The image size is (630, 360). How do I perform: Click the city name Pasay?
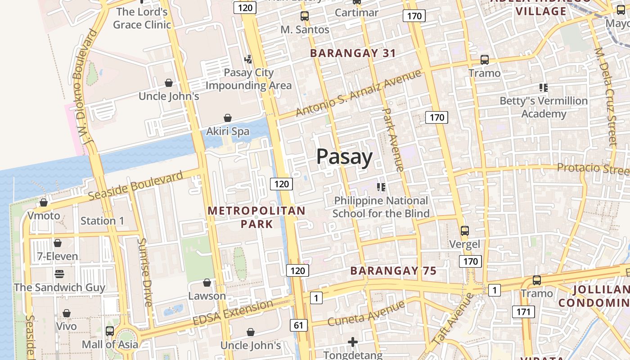click(344, 157)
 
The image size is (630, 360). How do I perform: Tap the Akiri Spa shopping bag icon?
click(228, 118)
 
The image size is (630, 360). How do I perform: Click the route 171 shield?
click(523, 311)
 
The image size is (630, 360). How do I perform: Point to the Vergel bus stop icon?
click(465, 231)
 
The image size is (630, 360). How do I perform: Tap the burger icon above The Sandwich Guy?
click(59, 274)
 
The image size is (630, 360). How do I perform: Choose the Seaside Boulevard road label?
click(135, 186)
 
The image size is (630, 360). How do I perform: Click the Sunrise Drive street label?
click(145, 272)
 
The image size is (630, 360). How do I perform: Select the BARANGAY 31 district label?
click(353, 53)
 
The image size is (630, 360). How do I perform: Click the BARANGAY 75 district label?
click(393, 271)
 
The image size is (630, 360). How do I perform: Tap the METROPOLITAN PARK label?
click(256, 217)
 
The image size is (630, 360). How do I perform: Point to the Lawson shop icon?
click(207, 283)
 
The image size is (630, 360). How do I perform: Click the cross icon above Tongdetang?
click(353, 342)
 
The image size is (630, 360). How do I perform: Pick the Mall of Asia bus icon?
click(110, 331)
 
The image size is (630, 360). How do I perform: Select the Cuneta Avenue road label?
click(366, 314)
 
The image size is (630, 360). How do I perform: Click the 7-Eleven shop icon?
click(58, 243)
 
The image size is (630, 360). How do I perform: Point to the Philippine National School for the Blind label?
click(381, 207)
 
